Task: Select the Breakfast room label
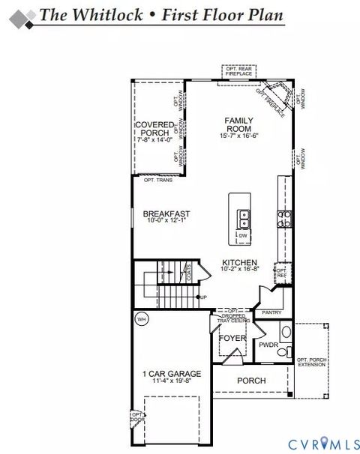166,214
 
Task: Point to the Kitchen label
240,263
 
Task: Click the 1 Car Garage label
172,373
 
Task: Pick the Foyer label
232,339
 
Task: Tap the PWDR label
268,345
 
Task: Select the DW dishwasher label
243,235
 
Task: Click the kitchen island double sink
243,219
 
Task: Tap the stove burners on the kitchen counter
285,218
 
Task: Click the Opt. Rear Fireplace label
240,71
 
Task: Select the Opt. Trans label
158,181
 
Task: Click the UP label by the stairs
202,297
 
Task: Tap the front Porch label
251,381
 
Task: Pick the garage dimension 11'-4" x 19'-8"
172,381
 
